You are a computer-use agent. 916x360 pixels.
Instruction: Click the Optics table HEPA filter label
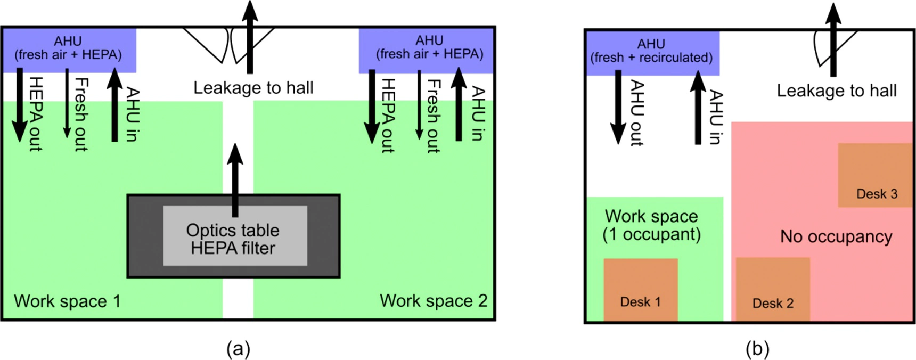pos(233,239)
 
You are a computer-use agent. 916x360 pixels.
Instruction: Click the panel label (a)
pos(238,349)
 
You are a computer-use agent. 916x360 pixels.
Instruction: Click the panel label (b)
pos(757,349)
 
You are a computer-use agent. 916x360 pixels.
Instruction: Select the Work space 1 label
pos(67,301)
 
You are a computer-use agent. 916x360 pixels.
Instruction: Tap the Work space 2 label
pos(434,300)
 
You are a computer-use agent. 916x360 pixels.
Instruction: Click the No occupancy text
pos(836,236)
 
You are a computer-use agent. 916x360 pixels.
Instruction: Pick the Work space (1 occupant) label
pos(651,225)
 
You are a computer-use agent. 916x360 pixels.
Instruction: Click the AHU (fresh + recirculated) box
pos(652,52)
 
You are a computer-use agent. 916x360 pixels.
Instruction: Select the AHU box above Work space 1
pos(69,49)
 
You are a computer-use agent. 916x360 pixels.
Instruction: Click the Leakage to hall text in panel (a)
pos(253,87)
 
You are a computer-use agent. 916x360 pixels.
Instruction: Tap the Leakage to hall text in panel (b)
pos(837,91)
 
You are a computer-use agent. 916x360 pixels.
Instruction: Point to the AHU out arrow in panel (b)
pos(618,107)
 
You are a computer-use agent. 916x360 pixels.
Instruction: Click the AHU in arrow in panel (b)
pos(698,107)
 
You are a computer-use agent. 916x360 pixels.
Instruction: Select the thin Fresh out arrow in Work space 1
pos(67,103)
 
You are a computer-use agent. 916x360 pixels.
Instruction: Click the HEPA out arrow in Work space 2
pos(372,106)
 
